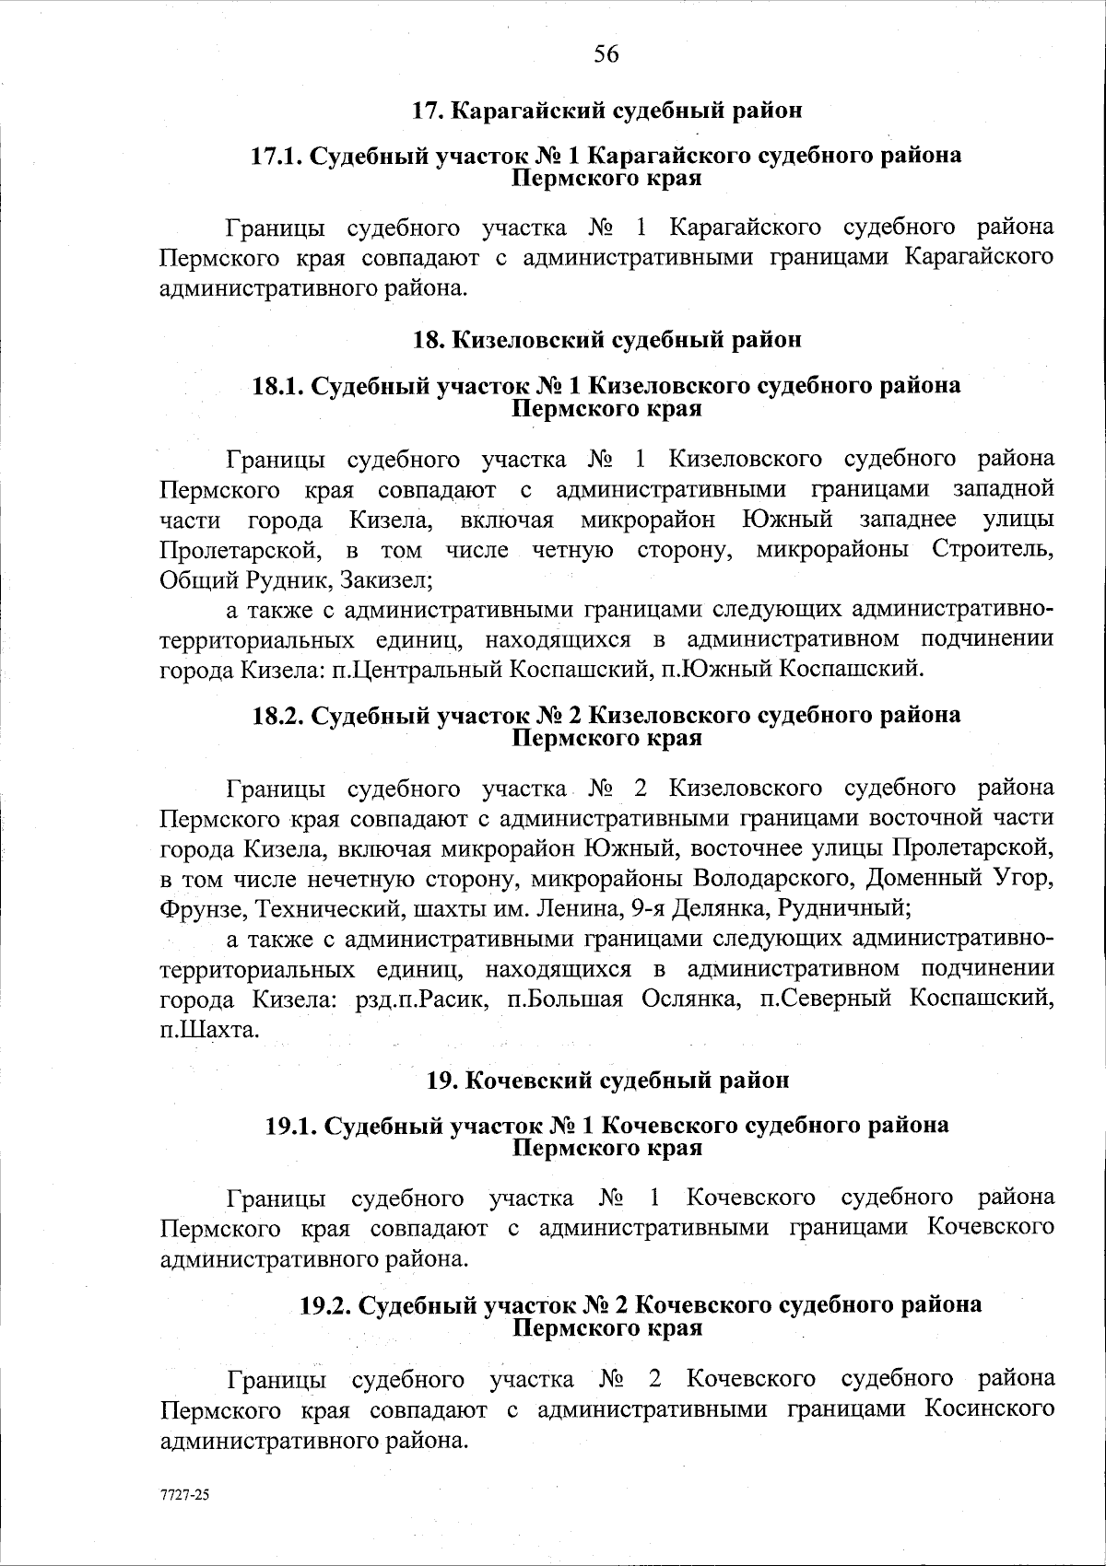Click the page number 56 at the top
[606, 54]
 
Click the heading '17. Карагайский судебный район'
[606, 111]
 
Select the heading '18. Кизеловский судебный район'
[606, 340]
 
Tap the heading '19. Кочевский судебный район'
[606, 1080]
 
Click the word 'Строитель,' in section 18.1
[993, 550]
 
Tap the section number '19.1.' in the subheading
[292, 1125]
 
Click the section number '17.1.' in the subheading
[277, 156]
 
